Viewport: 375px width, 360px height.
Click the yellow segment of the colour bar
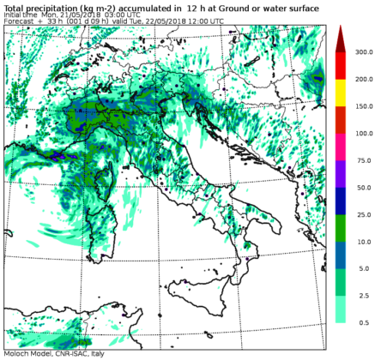340,93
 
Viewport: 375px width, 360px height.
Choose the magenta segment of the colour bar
340,147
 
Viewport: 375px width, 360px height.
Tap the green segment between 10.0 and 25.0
340,228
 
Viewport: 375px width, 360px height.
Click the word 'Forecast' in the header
18,23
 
